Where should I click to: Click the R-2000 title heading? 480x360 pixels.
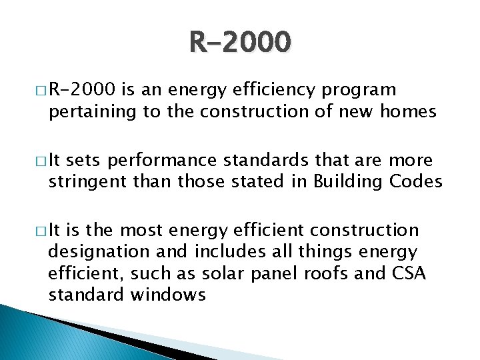240,42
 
